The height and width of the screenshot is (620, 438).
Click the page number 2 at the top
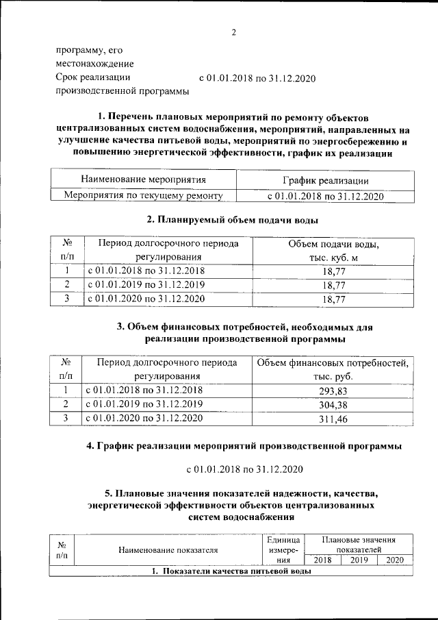(233, 32)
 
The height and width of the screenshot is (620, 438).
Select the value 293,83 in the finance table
(333, 390)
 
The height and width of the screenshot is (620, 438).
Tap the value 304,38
(333, 404)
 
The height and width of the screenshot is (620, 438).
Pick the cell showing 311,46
(333, 418)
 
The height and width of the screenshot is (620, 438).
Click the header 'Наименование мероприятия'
(143, 180)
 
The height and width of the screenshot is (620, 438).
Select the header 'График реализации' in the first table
(325, 181)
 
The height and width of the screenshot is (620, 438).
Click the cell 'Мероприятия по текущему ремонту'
(143, 196)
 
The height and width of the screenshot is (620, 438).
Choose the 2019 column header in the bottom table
(359, 560)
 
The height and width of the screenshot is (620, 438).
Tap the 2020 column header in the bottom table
(395, 560)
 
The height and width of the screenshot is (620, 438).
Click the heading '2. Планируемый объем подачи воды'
(233, 220)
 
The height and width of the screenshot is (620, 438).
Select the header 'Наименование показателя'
(168, 549)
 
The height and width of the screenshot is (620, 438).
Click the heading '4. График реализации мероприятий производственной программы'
(244, 447)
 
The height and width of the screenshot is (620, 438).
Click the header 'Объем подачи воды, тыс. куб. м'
(333, 251)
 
